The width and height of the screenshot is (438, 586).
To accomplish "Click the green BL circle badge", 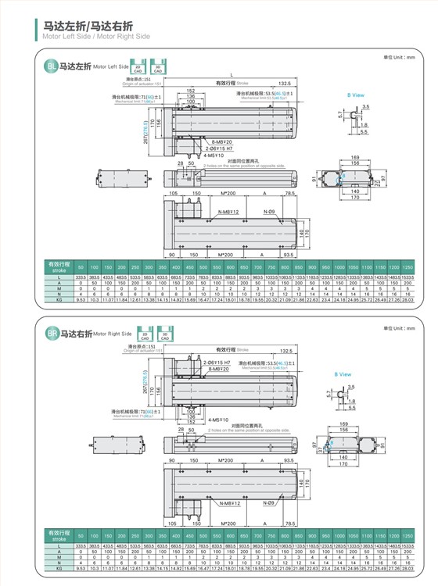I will pos(52,68).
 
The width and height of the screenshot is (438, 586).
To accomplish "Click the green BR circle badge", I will pos(52,334).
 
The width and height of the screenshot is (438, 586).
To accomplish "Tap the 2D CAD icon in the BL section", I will pos(138,66).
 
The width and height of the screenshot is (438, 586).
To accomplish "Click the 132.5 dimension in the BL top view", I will pos(284,82).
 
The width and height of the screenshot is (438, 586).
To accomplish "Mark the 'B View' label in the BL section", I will pos(356,95).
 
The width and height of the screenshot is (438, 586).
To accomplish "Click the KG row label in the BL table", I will pos(57,298).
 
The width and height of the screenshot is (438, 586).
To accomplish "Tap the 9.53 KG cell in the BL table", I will pos(80,298).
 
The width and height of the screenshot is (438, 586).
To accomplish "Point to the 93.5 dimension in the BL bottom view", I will pos(289,255).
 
